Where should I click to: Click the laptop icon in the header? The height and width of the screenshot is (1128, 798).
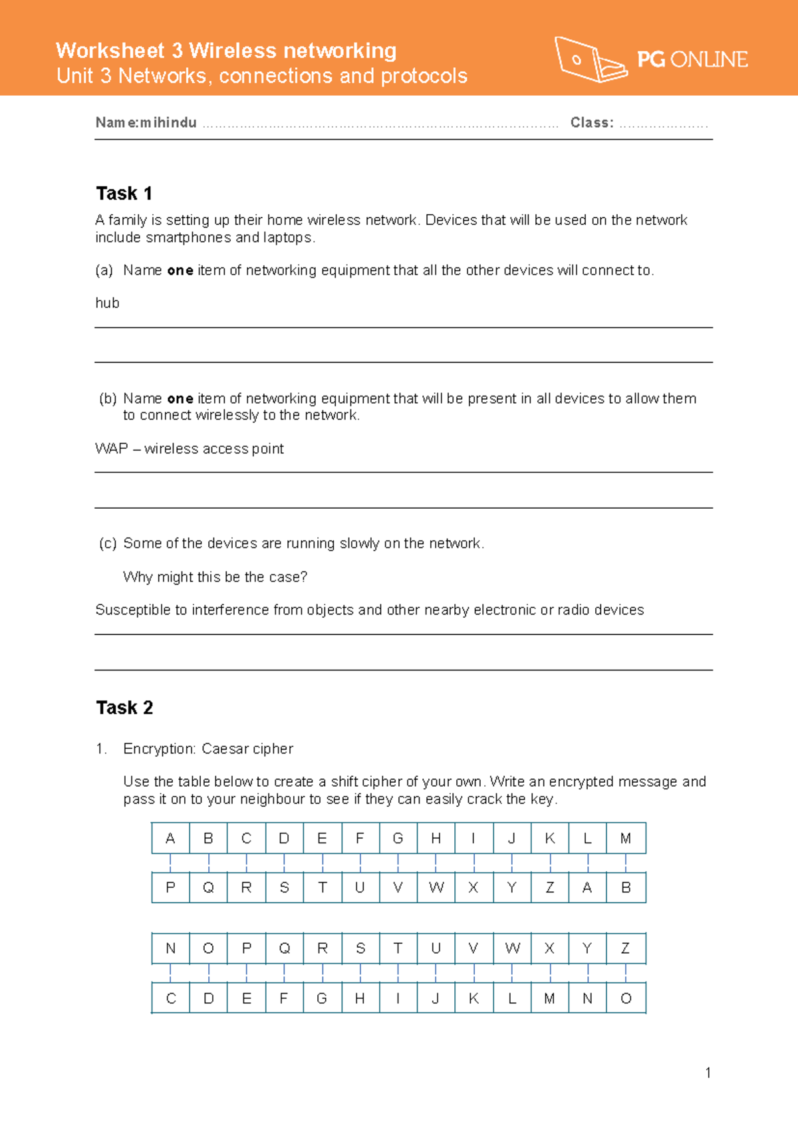click(591, 60)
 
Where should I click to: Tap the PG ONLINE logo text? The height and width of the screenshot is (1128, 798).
click(692, 60)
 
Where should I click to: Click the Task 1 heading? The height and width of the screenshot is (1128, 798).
click(124, 194)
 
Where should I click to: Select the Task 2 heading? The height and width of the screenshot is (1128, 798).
click(124, 708)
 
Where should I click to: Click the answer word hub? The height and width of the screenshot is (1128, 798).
click(107, 303)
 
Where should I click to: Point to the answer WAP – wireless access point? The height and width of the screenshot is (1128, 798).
click(190, 449)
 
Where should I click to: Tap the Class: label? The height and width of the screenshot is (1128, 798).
click(592, 122)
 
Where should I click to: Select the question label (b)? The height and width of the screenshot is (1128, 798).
click(108, 398)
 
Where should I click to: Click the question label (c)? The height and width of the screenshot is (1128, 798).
click(108, 543)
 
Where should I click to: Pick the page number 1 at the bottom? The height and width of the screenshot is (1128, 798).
click(708, 1073)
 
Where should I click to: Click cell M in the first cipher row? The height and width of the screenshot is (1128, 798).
click(626, 839)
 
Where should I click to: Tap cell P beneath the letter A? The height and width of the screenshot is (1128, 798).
click(170, 888)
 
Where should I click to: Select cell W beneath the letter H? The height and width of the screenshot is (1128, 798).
click(436, 888)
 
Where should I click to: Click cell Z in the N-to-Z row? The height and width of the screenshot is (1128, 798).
click(626, 948)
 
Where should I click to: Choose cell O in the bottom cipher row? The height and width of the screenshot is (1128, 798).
click(626, 999)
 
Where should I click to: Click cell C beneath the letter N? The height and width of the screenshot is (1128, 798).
click(170, 999)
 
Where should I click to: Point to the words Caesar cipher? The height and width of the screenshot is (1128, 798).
click(247, 749)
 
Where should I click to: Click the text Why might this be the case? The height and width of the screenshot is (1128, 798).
click(215, 577)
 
